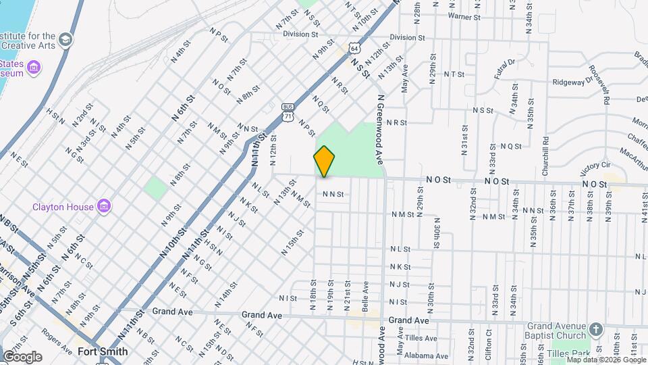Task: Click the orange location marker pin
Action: click(x=325, y=161)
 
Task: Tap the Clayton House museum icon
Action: click(x=104, y=205)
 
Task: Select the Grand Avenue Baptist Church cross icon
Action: click(x=595, y=329)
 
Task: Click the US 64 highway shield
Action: click(x=354, y=48)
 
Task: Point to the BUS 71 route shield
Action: click(x=288, y=112)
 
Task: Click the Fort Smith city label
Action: click(x=103, y=351)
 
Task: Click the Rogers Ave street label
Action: click(x=57, y=341)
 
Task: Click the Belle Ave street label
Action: click(x=365, y=296)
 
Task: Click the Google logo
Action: click(x=22, y=356)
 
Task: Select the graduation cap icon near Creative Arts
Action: click(x=65, y=41)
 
